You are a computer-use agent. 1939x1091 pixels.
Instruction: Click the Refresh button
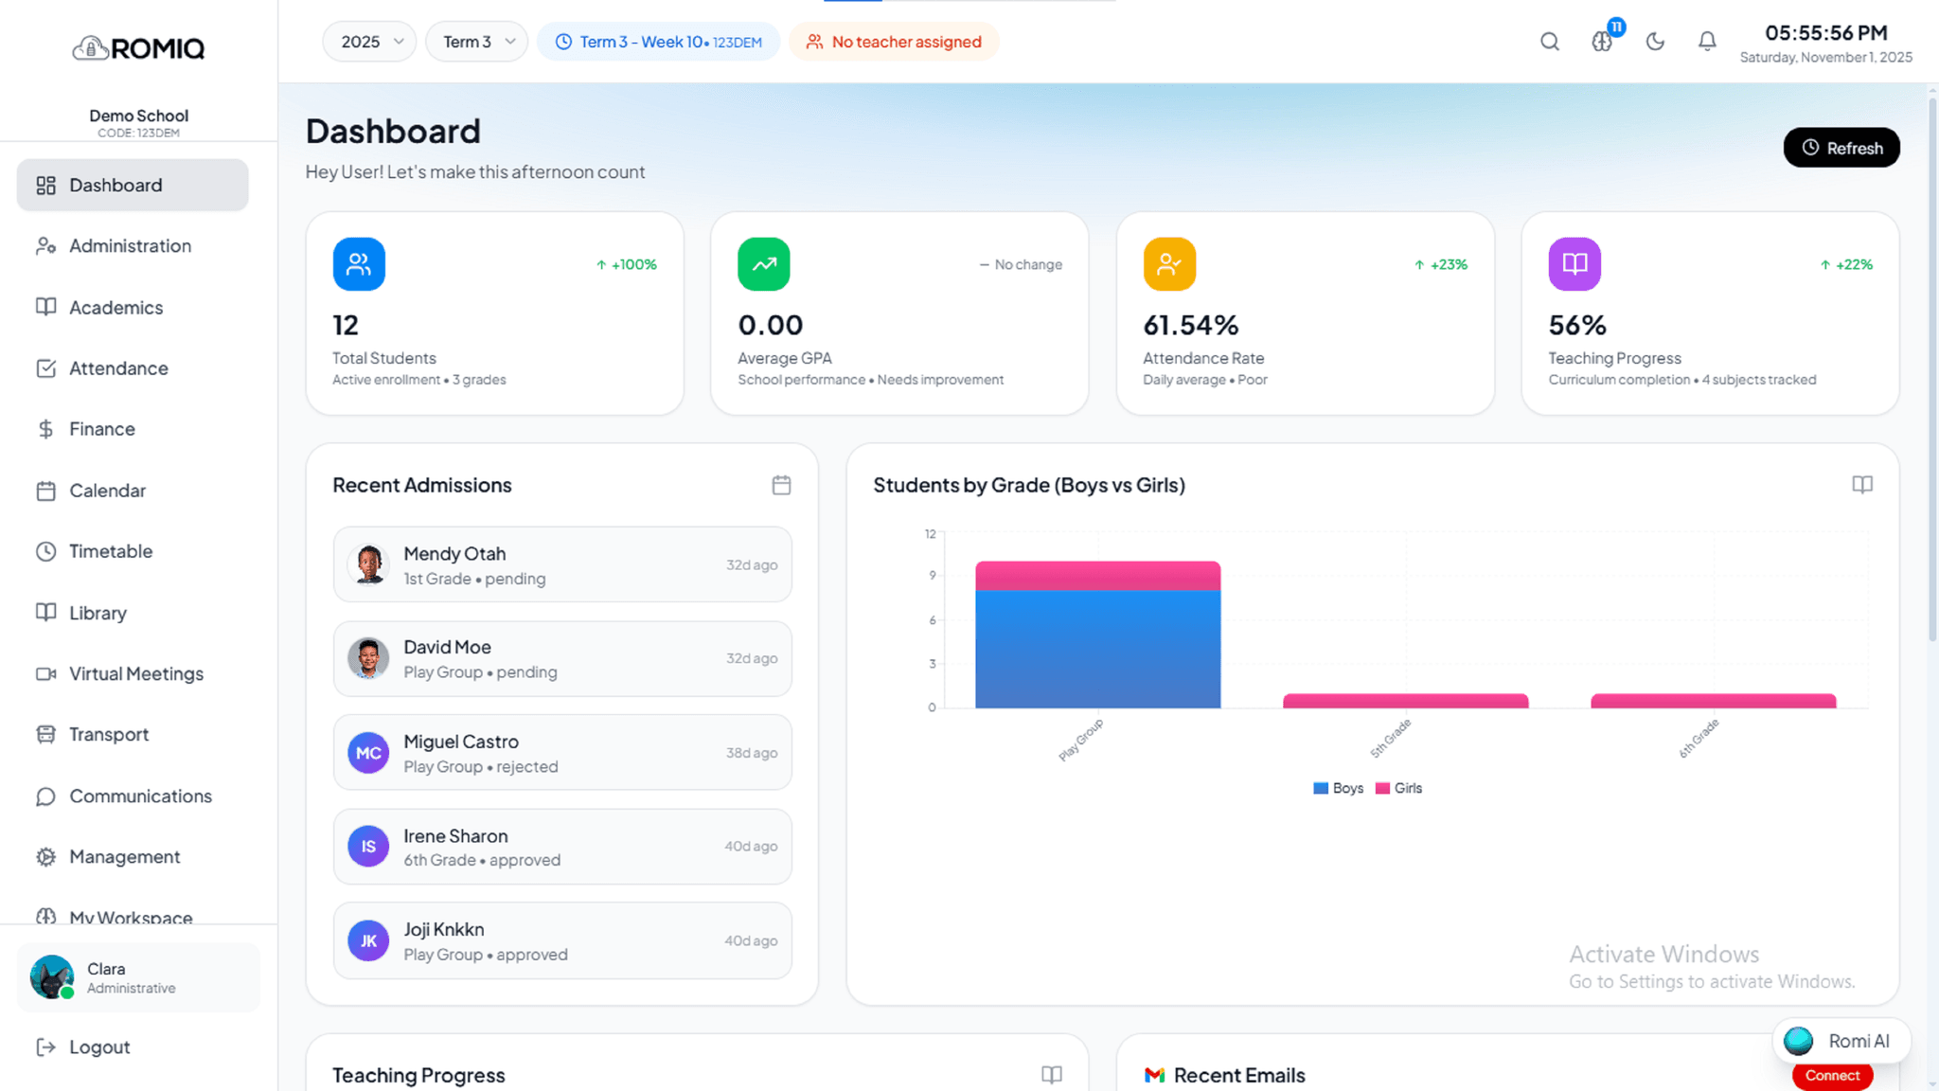tap(1841, 148)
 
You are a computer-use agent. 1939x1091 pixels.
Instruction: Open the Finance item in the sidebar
tap(101, 429)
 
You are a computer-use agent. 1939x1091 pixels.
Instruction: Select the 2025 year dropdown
tap(369, 42)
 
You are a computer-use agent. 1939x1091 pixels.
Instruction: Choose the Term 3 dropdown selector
tap(476, 42)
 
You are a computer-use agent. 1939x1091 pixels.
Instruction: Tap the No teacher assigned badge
tap(894, 42)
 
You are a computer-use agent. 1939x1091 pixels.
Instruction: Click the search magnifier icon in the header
tap(1550, 42)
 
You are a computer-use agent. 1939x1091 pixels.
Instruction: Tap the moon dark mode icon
tap(1655, 42)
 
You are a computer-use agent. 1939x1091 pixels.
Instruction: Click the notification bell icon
tap(1707, 42)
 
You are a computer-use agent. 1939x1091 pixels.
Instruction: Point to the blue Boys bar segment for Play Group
tap(1098, 649)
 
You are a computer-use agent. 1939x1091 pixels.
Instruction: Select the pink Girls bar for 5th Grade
tap(1405, 701)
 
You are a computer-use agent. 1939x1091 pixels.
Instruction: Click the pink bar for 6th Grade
tap(1713, 701)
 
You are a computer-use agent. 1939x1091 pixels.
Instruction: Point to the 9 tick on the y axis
tap(933, 576)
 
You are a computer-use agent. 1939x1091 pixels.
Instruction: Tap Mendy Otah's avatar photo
tap(368, 564)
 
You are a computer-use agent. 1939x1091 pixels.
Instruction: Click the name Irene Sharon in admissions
tap(455, 836)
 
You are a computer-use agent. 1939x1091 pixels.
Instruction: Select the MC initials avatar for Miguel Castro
tap(368, 753)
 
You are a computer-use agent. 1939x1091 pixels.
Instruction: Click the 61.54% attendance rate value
tap(1190, 326)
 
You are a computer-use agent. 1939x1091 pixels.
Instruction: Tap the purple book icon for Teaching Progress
tap(1574, 264)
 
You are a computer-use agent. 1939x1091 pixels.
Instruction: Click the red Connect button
tap(1832, 1076)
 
